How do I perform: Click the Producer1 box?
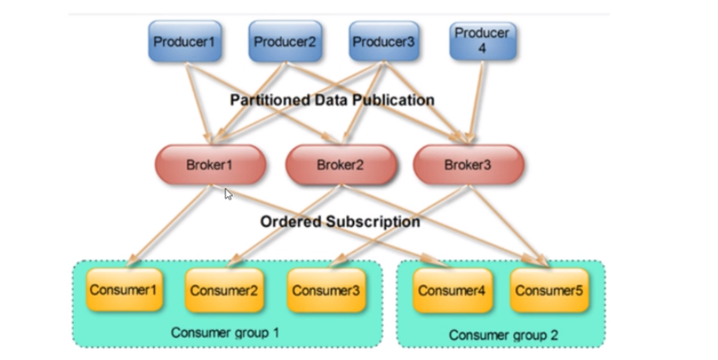tap(185, 42)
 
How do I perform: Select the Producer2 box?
tap(285, 42)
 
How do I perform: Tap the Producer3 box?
tap(384, 42)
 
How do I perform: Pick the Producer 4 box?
tap(483, 42)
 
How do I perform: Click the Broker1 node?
tap(210, 165)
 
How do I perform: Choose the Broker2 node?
tap(340, 165)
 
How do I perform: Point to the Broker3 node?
tap(468, 165)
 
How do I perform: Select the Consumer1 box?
tap(124, 290)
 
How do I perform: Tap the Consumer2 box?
tap(225, 290)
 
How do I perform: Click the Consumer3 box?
tap(326, 290)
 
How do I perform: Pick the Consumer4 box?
tap(453, 290)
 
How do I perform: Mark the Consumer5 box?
tap(549, 290)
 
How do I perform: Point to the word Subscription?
tap(374, 221)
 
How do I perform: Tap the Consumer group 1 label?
tap(225, 333)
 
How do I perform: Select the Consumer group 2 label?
tap(503, 335)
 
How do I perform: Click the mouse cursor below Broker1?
tap(229, 195)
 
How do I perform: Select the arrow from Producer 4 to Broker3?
tap(476, 101)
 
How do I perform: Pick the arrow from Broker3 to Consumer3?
tap(399, 225)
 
